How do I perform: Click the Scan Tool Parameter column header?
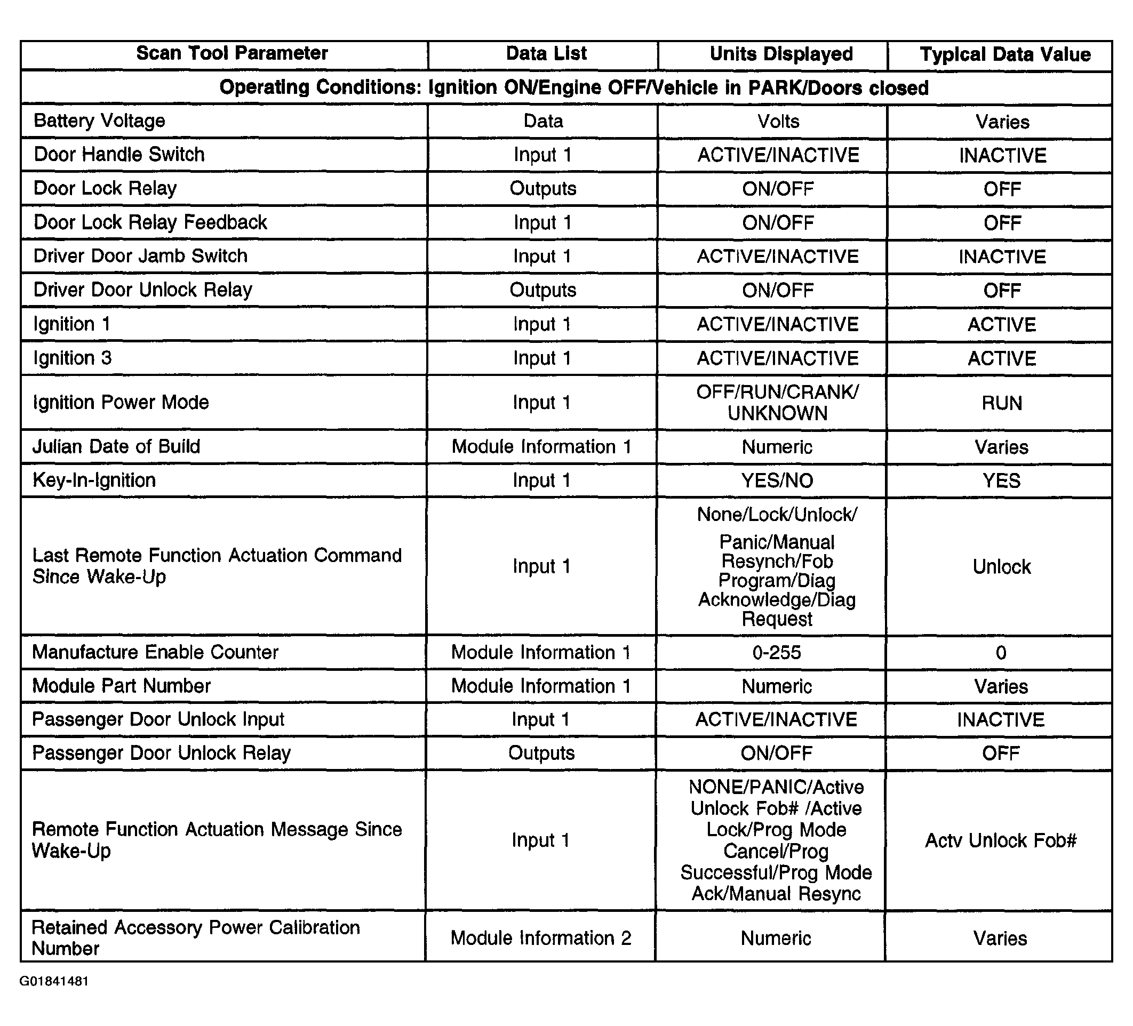point(232,53)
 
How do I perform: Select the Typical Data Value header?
point(1005,54)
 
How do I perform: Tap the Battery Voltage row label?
point(99,121)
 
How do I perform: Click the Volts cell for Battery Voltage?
point(778,122)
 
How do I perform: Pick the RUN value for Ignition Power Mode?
point(1001,403)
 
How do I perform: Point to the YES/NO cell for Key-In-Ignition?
point(777,480)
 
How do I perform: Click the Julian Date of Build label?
point(116,447)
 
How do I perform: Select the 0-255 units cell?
point(776,652)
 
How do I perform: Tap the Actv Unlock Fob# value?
point(1000,840)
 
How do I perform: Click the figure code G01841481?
point(54,981)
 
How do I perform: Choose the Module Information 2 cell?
point(541,938)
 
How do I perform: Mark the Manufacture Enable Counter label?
point(155,652)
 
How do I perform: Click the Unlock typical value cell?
point(1001,566)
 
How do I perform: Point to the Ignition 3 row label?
point(73,358)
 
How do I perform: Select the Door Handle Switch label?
point(119,155)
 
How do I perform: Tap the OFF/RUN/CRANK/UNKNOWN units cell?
point(777,402)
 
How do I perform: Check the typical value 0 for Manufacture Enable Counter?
point(1000,653)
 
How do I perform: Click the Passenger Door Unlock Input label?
point(158,720)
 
